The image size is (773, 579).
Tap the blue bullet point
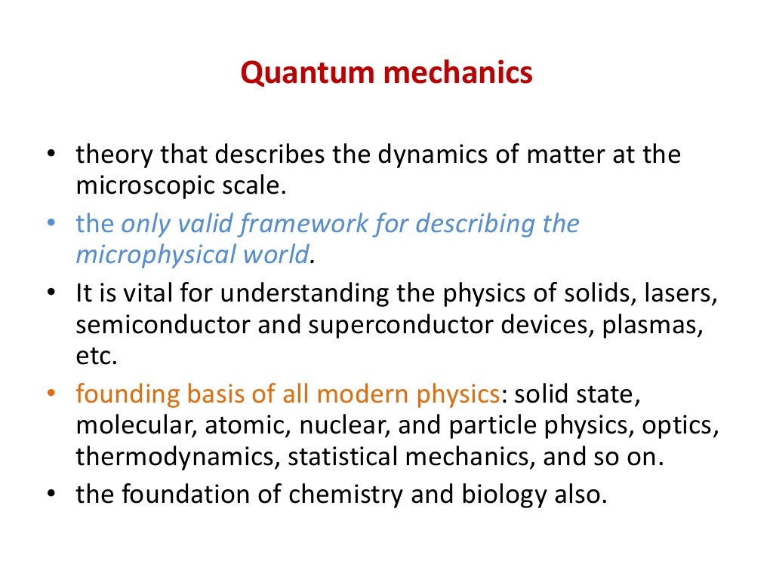(51, 225)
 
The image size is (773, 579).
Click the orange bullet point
(51, 394)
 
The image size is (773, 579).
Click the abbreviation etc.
(97, 356)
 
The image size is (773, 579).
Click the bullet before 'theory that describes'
(51, 155)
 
